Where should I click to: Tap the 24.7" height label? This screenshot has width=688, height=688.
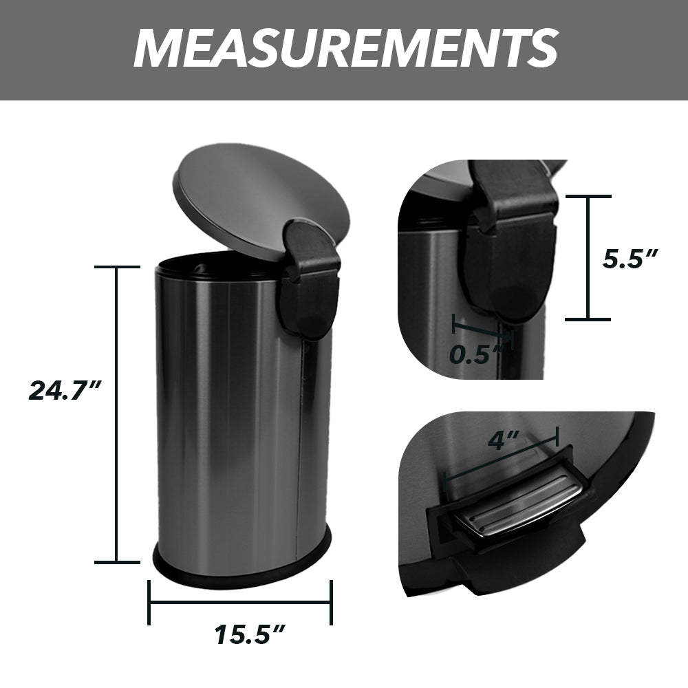pos(65,391)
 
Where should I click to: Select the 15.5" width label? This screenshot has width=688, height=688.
pos(248,634)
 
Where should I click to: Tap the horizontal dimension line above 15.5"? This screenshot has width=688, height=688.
pos(241,603)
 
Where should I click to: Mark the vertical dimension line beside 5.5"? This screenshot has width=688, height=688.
pos(588,258)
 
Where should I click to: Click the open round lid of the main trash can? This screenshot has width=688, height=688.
pos(255,200)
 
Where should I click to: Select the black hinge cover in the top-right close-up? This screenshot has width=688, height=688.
pos(509,255)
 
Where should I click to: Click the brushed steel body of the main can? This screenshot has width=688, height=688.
pos(220,413)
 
